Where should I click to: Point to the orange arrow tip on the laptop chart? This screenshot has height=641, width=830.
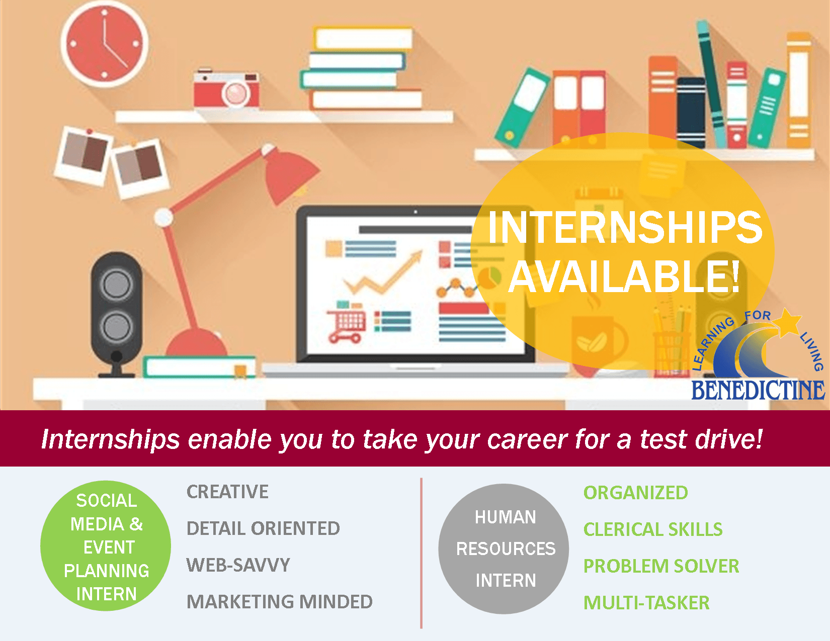[x=417, y=256]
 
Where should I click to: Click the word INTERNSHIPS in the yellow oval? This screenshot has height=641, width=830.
[x=625, y=227]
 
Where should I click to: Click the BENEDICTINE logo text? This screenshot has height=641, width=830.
[x=758, y=390]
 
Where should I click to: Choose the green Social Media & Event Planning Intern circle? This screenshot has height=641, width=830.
[x=106, y=546]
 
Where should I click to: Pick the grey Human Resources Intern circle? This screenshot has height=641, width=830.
[x=505, y=548]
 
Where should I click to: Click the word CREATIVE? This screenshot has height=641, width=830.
[x=227, y=492]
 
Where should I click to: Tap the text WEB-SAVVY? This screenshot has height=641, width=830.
[x=238, y=565]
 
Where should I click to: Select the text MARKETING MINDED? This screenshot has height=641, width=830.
[x=279, y=602]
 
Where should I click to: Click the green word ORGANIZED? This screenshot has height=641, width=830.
[x=635, y=493]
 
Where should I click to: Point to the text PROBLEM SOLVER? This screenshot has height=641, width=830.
[x=661, y=566]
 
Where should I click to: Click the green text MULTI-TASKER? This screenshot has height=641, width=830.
[x=646, y=603]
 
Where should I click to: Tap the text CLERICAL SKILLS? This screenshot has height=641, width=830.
[x=652, y=529]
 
